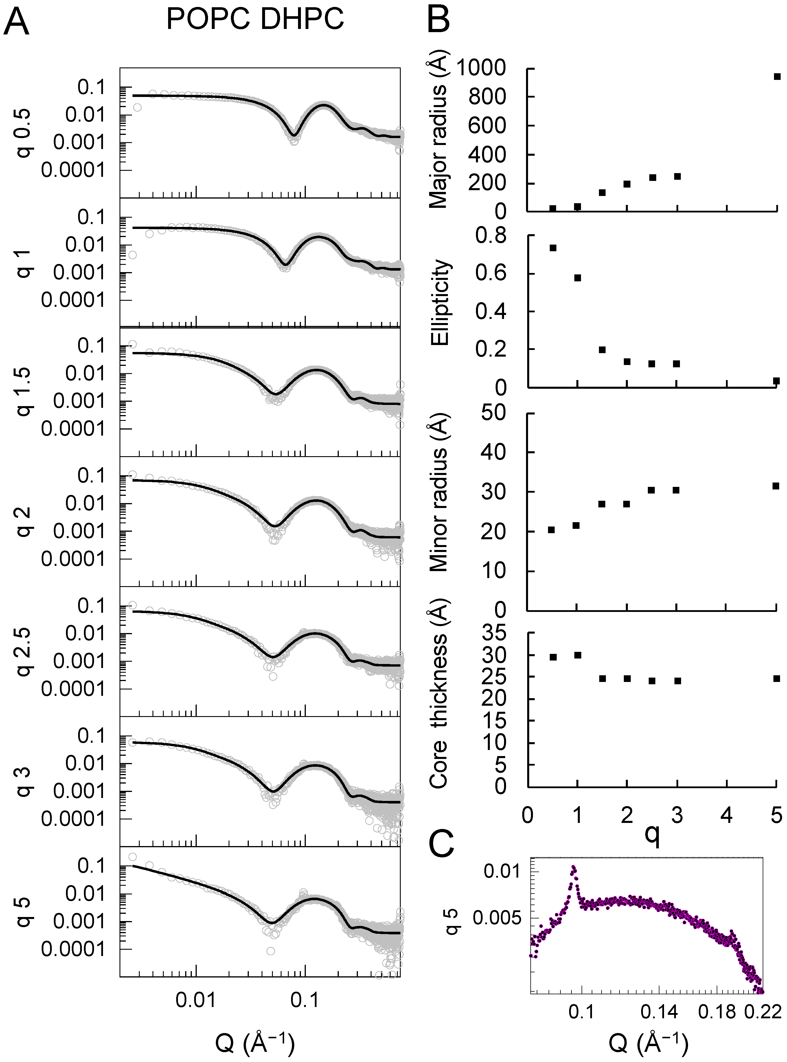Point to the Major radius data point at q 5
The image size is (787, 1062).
[777, 76]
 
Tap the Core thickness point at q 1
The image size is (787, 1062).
[578, 655]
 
